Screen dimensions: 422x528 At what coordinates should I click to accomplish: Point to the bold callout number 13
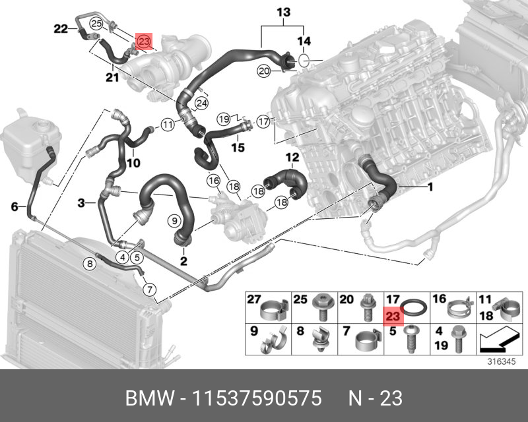[283, 13]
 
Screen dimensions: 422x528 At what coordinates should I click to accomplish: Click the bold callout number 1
[430, 187]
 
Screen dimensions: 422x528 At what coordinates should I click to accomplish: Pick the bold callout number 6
[15, 207]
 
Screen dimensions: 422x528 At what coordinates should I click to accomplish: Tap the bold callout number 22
[61, 28]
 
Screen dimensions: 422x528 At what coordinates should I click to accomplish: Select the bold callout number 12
[292, 157]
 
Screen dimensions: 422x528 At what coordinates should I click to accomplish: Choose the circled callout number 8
[90, 264]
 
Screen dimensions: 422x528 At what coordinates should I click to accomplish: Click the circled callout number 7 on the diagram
[149, 289]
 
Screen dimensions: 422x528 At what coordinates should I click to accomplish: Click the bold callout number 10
[133, 162]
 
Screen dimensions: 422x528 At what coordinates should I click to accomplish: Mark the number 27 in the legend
[255, 299]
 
